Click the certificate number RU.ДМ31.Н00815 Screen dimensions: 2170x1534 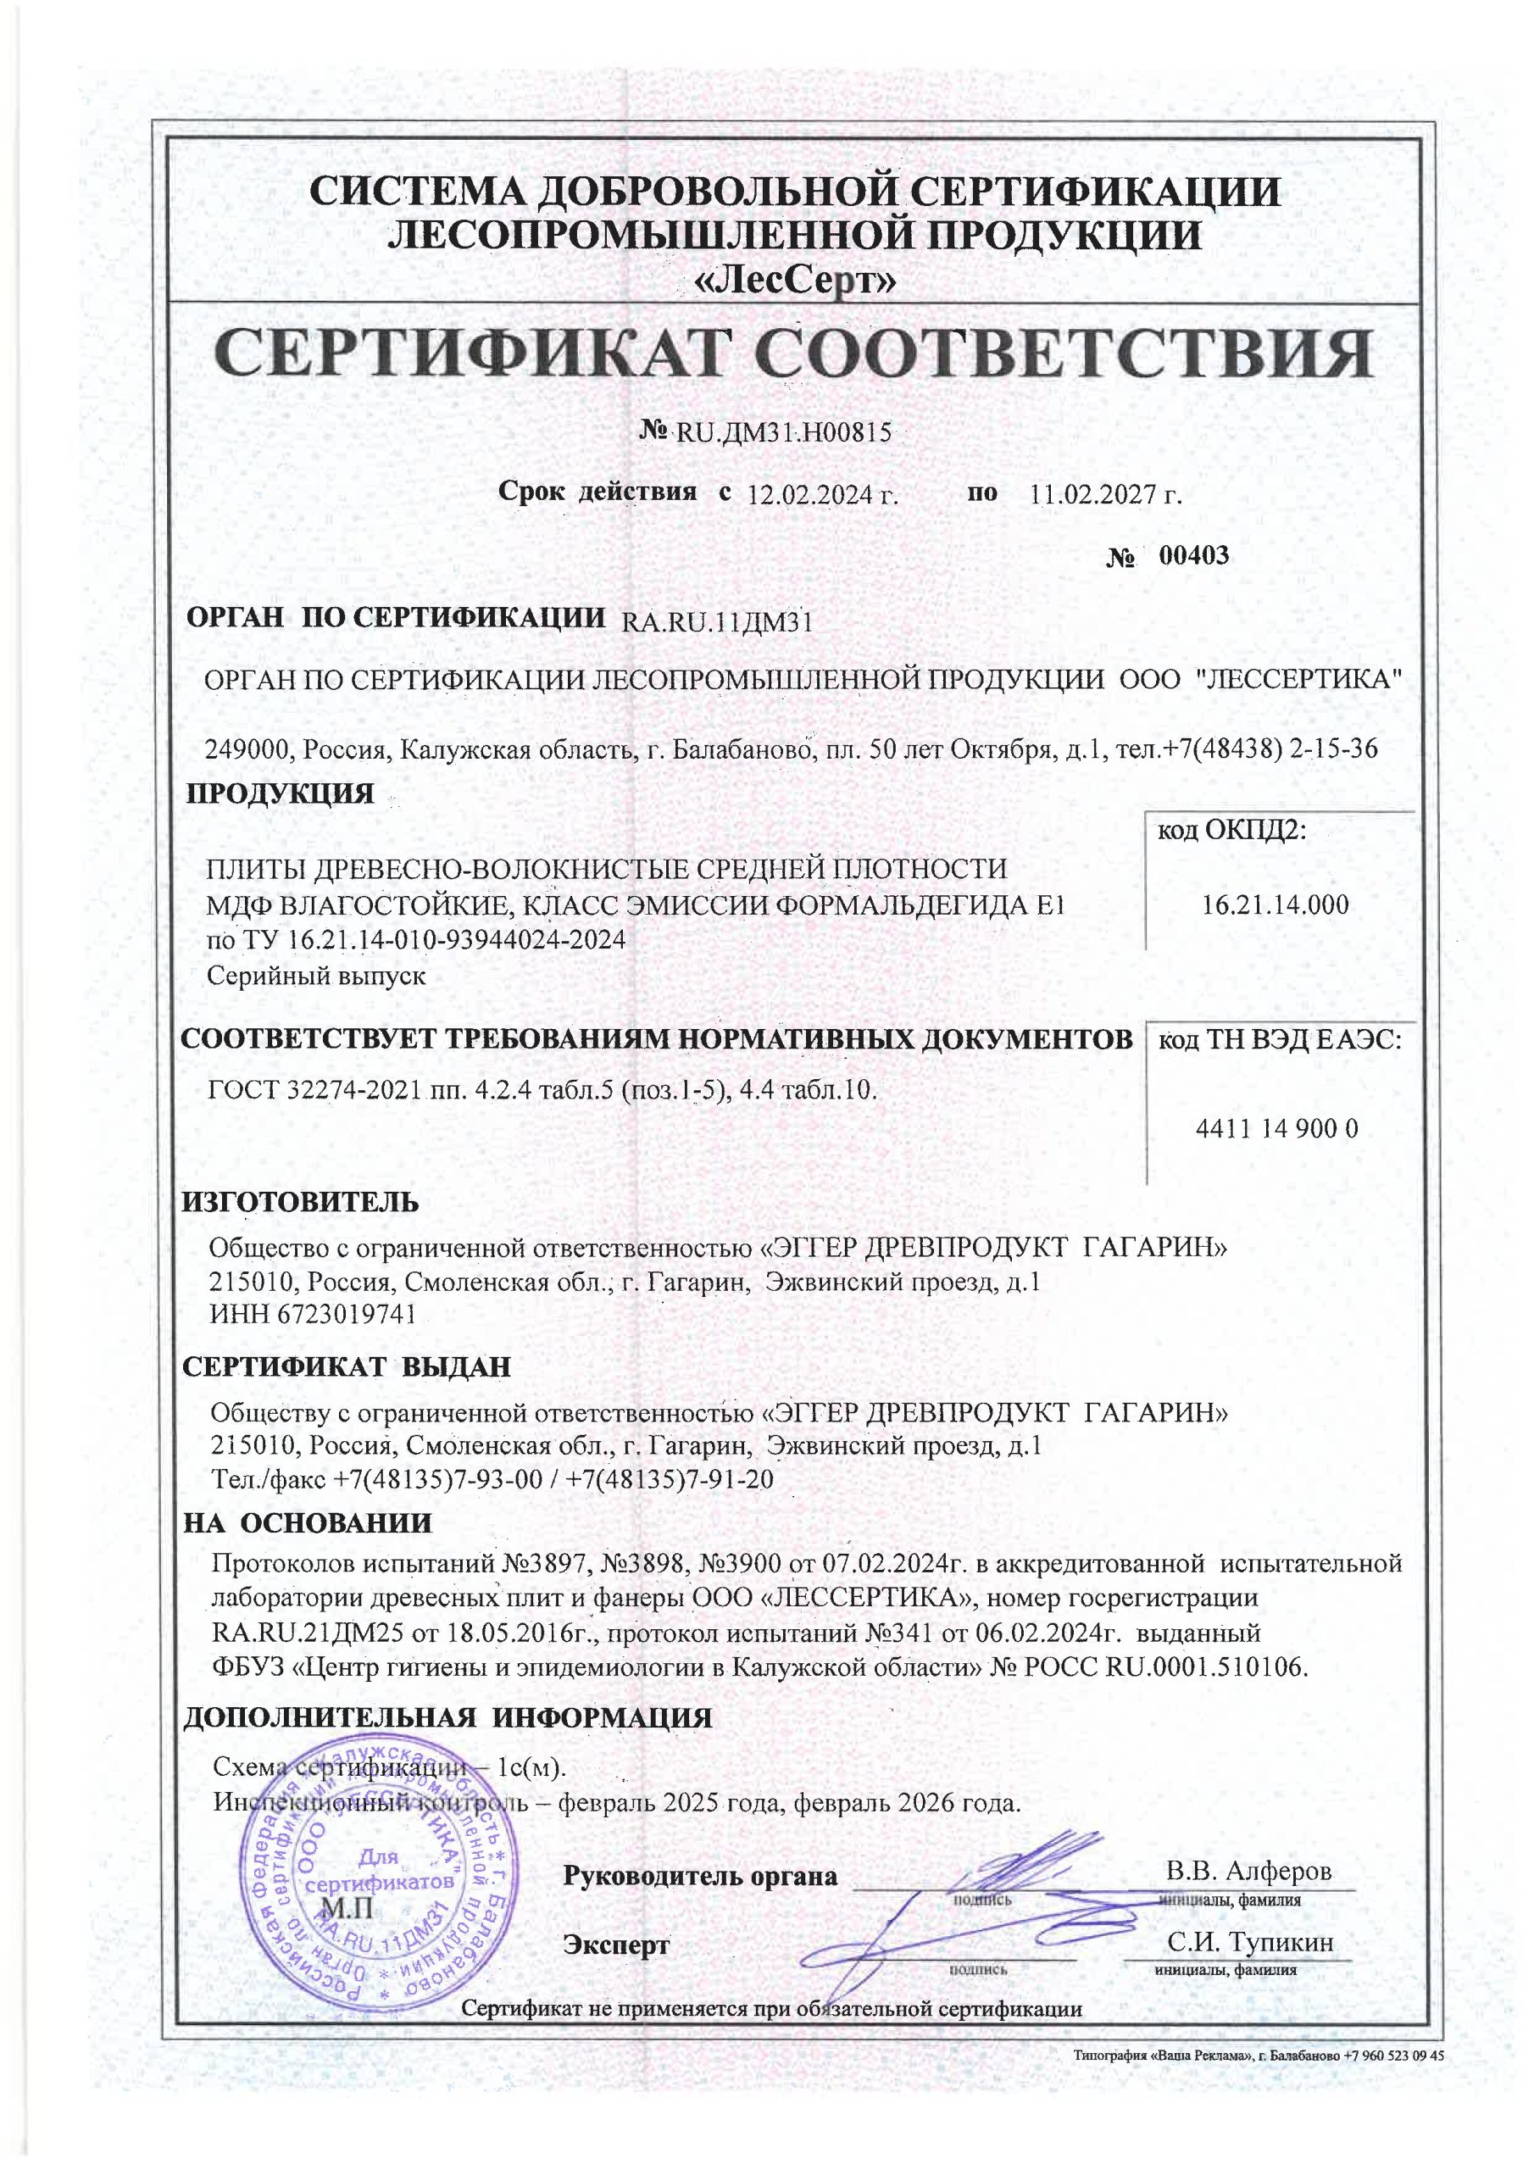tap(781, 433)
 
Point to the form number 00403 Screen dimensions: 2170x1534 tap(1194, 554)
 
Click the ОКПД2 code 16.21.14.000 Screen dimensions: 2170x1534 tap(1275, 905)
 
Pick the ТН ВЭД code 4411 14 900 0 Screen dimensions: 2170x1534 tap(1277, 1128)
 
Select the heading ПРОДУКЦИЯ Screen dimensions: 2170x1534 tap(280, 793)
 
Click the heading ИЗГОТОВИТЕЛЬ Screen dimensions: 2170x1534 tap(301, 1202)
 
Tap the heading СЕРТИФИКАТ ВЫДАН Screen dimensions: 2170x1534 tap(346, 1366)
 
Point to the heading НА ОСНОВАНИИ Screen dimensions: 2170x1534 tap(307, 1522)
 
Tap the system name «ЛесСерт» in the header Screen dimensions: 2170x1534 tap(795, 280)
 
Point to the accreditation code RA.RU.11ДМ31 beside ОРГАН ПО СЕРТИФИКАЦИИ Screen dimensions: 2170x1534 tap(717, 622)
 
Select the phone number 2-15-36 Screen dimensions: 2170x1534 tap(1334, 749)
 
